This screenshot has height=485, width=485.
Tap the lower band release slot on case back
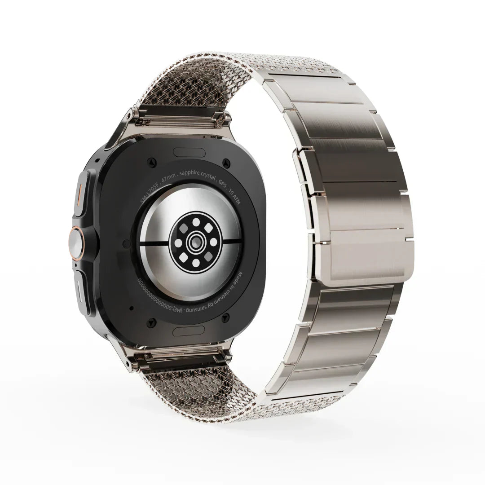tap(189, 331)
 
